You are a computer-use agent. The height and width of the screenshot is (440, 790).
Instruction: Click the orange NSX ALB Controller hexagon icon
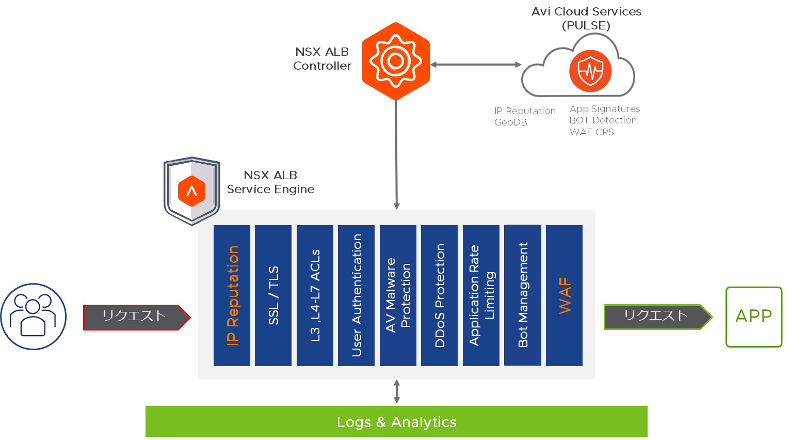396,61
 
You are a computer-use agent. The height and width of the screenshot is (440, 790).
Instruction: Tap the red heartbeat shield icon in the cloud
590,71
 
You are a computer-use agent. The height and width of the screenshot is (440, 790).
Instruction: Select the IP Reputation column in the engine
232,295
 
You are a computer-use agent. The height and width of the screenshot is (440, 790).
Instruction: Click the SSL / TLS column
273,295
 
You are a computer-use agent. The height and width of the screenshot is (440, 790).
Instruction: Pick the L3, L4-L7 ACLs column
315,295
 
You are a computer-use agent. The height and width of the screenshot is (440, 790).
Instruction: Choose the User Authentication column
356,295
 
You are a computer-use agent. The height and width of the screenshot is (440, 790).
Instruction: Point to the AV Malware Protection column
398,295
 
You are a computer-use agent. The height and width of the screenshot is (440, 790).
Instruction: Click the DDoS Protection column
439,295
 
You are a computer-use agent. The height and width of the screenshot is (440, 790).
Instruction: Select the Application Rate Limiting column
481,295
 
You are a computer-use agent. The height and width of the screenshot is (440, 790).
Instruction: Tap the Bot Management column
523,295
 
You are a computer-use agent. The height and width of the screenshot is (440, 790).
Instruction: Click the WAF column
564,295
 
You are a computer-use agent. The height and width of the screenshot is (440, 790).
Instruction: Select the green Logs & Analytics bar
396,421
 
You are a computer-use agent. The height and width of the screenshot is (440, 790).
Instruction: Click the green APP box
754,317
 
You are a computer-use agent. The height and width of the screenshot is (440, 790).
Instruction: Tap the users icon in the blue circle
34,316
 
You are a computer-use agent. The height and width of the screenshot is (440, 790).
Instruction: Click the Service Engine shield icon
191,191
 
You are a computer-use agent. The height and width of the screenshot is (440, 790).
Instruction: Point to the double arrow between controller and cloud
475,65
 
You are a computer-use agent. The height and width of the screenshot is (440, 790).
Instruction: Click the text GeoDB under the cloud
510,122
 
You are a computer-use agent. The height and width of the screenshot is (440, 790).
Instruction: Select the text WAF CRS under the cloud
591,132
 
